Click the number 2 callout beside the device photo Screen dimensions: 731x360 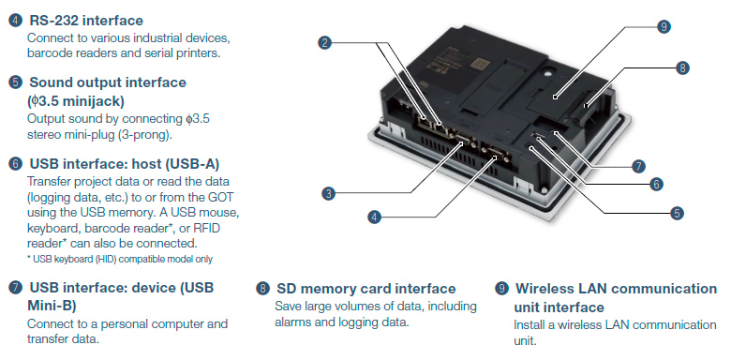(x=325, y=43)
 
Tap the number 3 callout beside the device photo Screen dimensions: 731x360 (x=329, y=193)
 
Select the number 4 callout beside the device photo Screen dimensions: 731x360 (x=374, y=217)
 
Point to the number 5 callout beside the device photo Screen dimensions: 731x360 (x=677, y=214)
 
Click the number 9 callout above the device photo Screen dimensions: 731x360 (x=664, y=26)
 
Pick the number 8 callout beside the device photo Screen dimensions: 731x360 (x=682, y=68)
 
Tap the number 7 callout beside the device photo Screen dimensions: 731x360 (x=638, y=166)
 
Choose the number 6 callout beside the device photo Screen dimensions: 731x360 (x=656, y=184)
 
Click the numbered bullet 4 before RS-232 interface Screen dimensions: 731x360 (x=15, y=21)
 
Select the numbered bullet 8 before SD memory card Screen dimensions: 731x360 (x=263, y=289)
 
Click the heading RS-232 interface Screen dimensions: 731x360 (x=86, y=21)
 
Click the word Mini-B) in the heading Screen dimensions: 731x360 (x=52, y=306)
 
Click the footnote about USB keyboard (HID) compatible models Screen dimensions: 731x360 (x=120, y=259)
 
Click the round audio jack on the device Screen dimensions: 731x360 (x=532, y=147)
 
